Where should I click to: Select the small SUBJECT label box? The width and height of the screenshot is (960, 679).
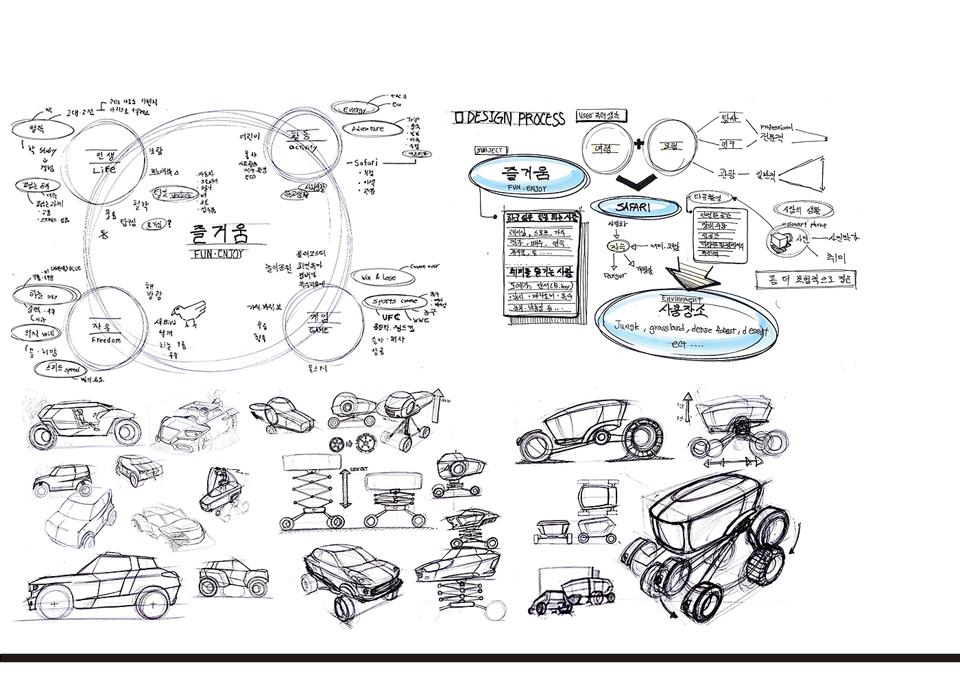pos(490,150)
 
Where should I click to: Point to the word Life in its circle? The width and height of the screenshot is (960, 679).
pos(104,169)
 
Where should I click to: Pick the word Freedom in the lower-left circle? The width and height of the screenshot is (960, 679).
pos(106,339)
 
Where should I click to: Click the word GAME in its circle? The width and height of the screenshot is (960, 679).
pos(319,331)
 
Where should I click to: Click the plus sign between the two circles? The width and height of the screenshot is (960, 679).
pos(639,144)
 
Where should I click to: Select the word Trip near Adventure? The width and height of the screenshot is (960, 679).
pos(413,119)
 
